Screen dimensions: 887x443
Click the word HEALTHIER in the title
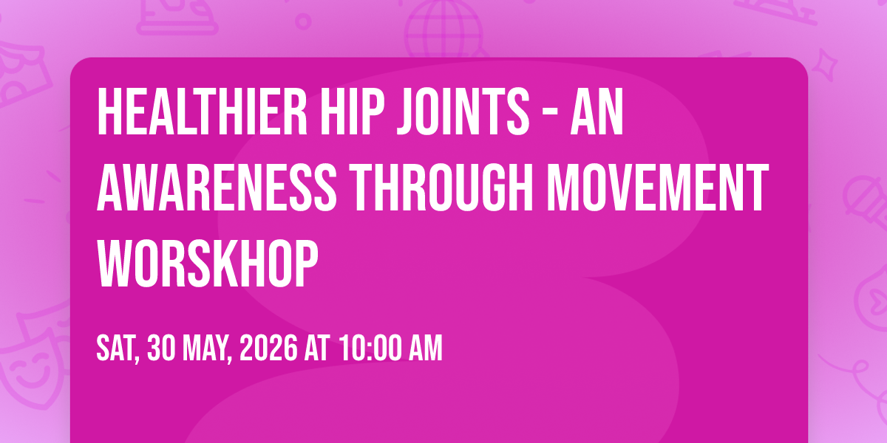click(202, 111)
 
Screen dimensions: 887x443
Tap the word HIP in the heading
click(353, 111)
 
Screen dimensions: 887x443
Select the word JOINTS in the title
click(463, 111)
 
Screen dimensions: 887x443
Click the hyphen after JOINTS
click(550, 114)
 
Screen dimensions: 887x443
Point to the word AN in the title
click(597, 111)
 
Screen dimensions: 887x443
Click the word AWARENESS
click(217, 188)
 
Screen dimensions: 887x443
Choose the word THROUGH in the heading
click(443, 188)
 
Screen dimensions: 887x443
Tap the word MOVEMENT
click(658, 188)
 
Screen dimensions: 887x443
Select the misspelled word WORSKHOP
click(208, 264)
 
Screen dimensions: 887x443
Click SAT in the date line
click(118, 348)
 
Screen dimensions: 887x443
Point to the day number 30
click(161, 348)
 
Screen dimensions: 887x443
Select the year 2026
click(268, 348)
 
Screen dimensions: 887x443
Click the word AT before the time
click(317, 348)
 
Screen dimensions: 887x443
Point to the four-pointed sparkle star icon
click(825, 64)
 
